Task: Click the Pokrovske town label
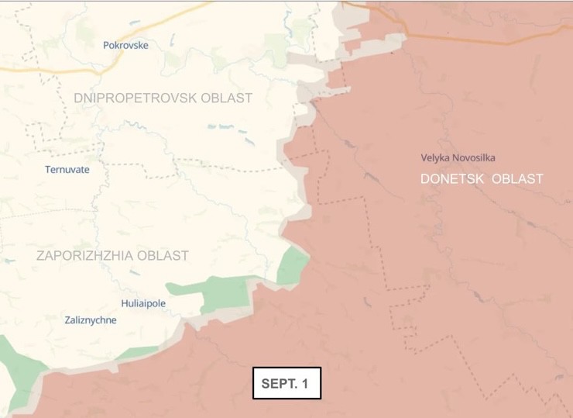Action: pyautogui.click(x=125, y=45)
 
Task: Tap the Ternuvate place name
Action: pyautogui.click(x=67, y=169)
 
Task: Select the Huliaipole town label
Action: pyautogui.click(x=143, y=303)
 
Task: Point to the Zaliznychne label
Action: pyautogui.click(x=91, y=320)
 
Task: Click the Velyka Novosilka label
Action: pyautogui.click(x=458, y=157)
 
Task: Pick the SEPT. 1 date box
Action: pyautogui.click(x=286, y=383)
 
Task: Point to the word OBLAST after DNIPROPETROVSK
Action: pyautogui.click(x=227, y=98)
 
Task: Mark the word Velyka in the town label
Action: pyautogui.click(x=436, y=157)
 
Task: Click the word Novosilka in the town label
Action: pyautogui.click(x=474, y=157)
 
